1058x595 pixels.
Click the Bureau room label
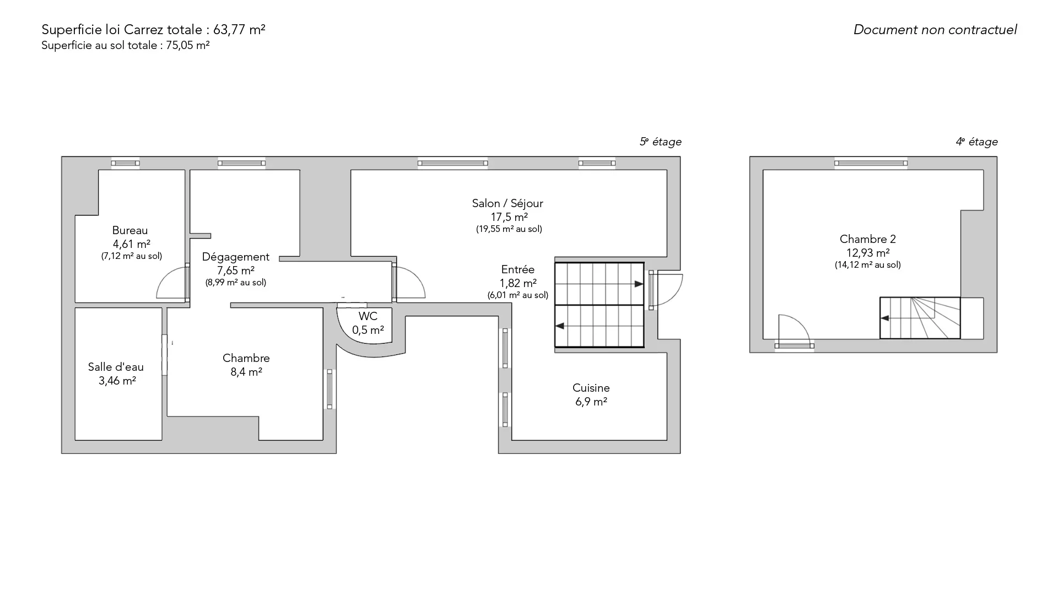coord(130,230)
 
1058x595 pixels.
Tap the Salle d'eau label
coord(116,367)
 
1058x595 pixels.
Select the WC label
coord(368,316)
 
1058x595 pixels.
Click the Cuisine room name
coord(591,388)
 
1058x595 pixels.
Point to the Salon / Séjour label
coord(508,203)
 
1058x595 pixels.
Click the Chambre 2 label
coord(868,239)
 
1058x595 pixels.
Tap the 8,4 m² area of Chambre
coord(246,372)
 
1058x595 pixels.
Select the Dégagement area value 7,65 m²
coord(236,271)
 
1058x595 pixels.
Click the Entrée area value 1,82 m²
coord(518,283)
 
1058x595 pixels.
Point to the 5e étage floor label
coord(661,142)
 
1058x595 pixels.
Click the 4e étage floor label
coord(977,142)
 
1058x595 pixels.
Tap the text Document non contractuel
coord(935,30)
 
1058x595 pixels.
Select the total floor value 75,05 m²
coord(188,46)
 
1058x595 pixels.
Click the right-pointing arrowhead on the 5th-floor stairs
coord(639,284)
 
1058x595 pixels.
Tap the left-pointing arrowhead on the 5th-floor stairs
coord(560,326)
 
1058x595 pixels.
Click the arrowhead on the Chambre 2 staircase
coord(885,318)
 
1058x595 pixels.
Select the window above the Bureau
coord(125,163)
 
